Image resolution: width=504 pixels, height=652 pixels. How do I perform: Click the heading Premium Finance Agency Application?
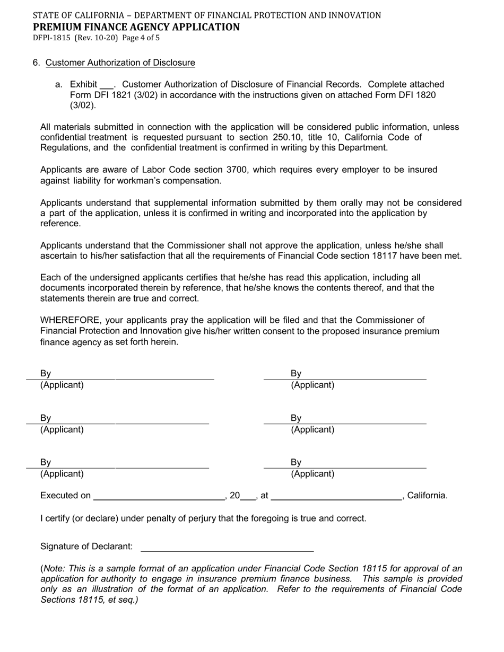pyautogui.click(x=136, y=27)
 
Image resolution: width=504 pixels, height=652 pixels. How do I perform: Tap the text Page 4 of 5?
pyautogui.click(x=141, y=38)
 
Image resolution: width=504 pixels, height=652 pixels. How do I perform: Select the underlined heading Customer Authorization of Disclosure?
pyautogui.click(x=120, y=63)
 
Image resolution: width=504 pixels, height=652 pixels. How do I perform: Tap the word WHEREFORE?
pyautogui.click(x=71, y=320)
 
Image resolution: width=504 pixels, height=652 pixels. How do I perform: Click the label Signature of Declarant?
pyautogui.click(x=86, y=547)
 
